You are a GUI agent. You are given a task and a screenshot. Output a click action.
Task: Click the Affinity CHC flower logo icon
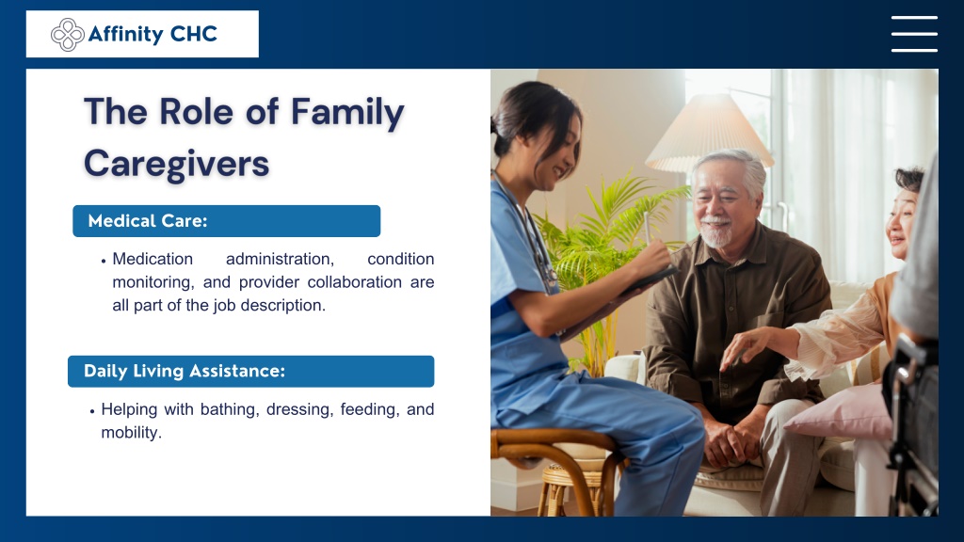68,35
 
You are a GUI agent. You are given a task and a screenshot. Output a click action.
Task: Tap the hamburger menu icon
914,34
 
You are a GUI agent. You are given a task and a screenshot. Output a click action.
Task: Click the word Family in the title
347,113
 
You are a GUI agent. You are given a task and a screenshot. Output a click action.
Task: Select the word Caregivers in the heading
176,164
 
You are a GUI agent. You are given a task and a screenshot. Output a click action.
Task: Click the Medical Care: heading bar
226,220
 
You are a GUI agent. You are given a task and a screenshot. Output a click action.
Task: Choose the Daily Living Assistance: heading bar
250,371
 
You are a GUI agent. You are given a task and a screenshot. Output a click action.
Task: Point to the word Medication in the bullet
153,259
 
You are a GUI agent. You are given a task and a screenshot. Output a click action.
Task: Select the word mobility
131,433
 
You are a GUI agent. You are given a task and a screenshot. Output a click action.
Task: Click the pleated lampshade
709,133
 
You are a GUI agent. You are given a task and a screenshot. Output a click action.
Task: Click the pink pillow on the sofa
841,414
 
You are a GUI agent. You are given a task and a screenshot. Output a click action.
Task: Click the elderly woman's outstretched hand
746,347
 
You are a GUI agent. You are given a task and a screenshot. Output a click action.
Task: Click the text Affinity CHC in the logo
153,34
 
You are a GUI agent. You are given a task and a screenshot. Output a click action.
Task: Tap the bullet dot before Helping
92,411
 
